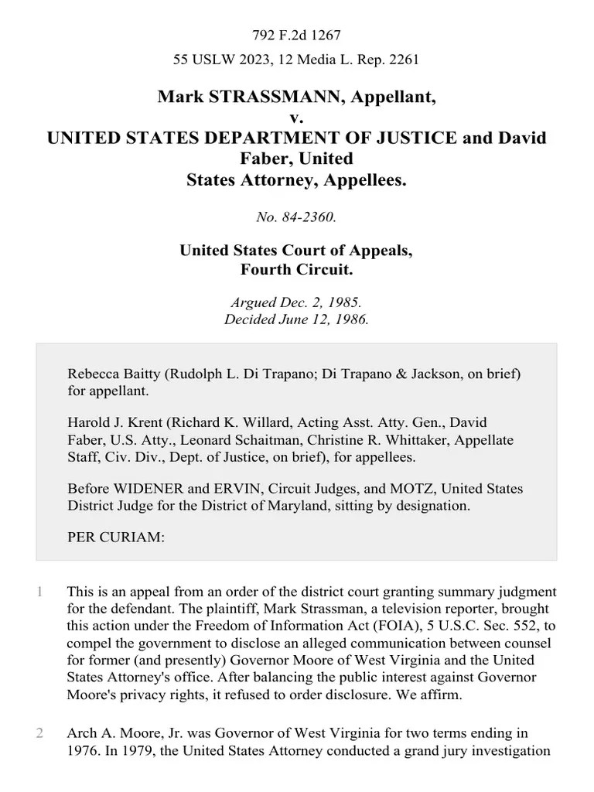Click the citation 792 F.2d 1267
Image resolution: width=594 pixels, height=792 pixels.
pyautogui.click(x=296, y=36)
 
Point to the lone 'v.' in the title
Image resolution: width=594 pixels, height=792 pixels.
pyautogui.click(x=296, y=118)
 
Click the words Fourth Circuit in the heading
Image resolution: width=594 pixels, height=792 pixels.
pyautogui.click(x=296, y=271)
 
